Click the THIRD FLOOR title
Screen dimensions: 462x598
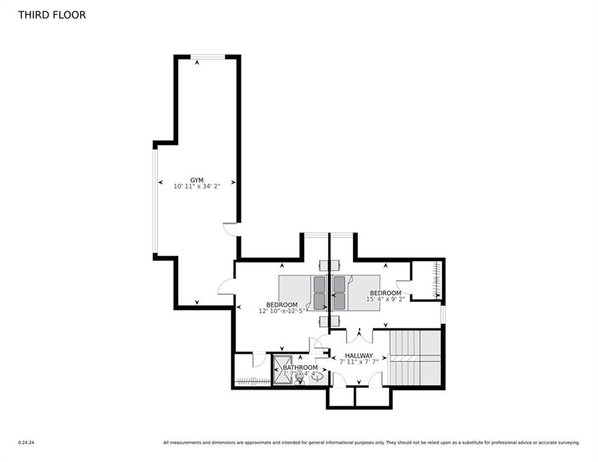(52, 14)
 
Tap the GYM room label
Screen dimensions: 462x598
(197, 180)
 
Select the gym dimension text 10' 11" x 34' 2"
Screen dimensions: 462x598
(197, 186)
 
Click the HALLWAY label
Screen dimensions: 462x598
(359, 356)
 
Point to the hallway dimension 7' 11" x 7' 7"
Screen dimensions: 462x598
(359, 362)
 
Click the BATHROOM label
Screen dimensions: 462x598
(300, 368)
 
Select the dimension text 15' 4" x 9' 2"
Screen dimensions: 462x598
(385, 298)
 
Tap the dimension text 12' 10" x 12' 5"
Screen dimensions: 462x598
(282, 311)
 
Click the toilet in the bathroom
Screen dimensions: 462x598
(299, 378)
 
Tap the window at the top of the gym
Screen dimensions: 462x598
(208, 57)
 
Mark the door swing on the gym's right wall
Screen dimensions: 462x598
(230, 229)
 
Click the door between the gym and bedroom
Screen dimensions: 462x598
(226, 286)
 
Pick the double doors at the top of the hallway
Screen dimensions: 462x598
(359, 335)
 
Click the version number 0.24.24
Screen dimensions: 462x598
(26, 443)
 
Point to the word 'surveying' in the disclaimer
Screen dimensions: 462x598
(569, 443)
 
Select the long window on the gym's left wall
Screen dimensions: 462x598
(154, 201)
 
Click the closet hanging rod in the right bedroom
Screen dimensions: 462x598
(438, 279)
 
